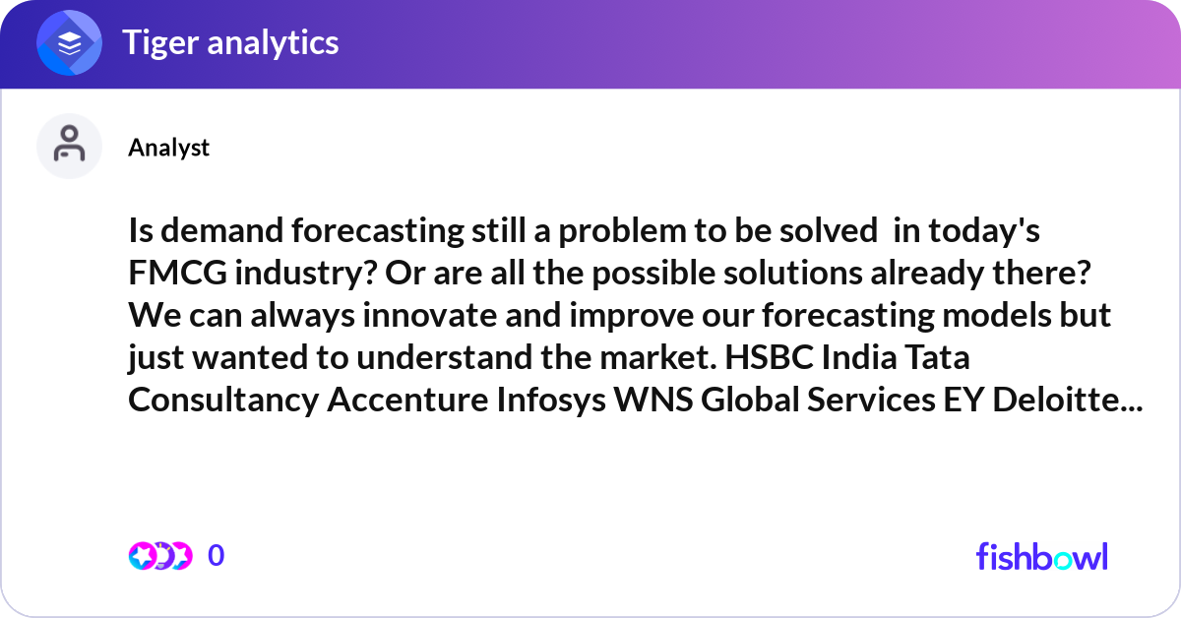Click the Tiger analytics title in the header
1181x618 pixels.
click(x=230, y=42)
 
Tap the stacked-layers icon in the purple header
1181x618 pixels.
click(x=70, y=43)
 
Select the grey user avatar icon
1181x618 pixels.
click(x=70, y=147)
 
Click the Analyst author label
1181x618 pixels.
click(x=168, y=148)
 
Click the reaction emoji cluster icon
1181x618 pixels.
click(x=160, y=556)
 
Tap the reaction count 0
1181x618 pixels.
click(x=217, y=556)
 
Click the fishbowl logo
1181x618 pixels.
click(x=1041, y=557)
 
